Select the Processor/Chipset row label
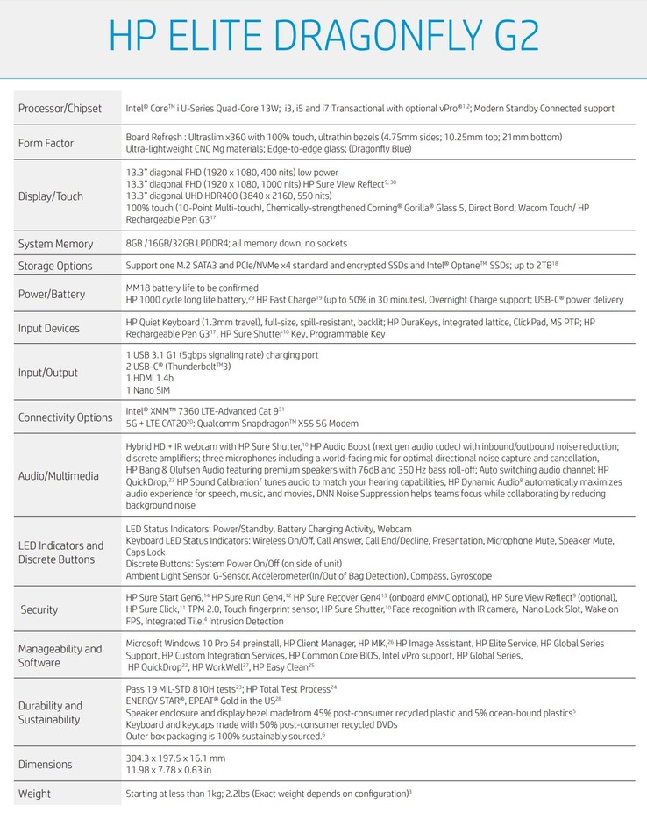pyautogui.click(x=60, y=109)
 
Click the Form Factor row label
pyautogui.click(x=46, y=143)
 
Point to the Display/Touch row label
pyautogui.click(x=51, y=196)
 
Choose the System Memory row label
pyautogui.click(x=55, y=243)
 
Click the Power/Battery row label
pyautogui.click(x=52, y=295)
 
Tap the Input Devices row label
pyautogui.click(x=49, y=328)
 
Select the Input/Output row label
pyautogui.click(x=48, y=372)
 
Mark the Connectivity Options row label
pyautogui.click(x=66, y=417)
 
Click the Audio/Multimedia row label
pyautogui.click(x=58, y=475)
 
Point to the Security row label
pyautogui.click(x=39, y=609)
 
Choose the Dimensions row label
pyautogui.click(x=46, y=764)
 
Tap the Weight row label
pyautogui.click(x=34, y=794)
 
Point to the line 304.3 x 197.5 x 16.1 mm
pyautogui.click(x=175, y=758)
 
